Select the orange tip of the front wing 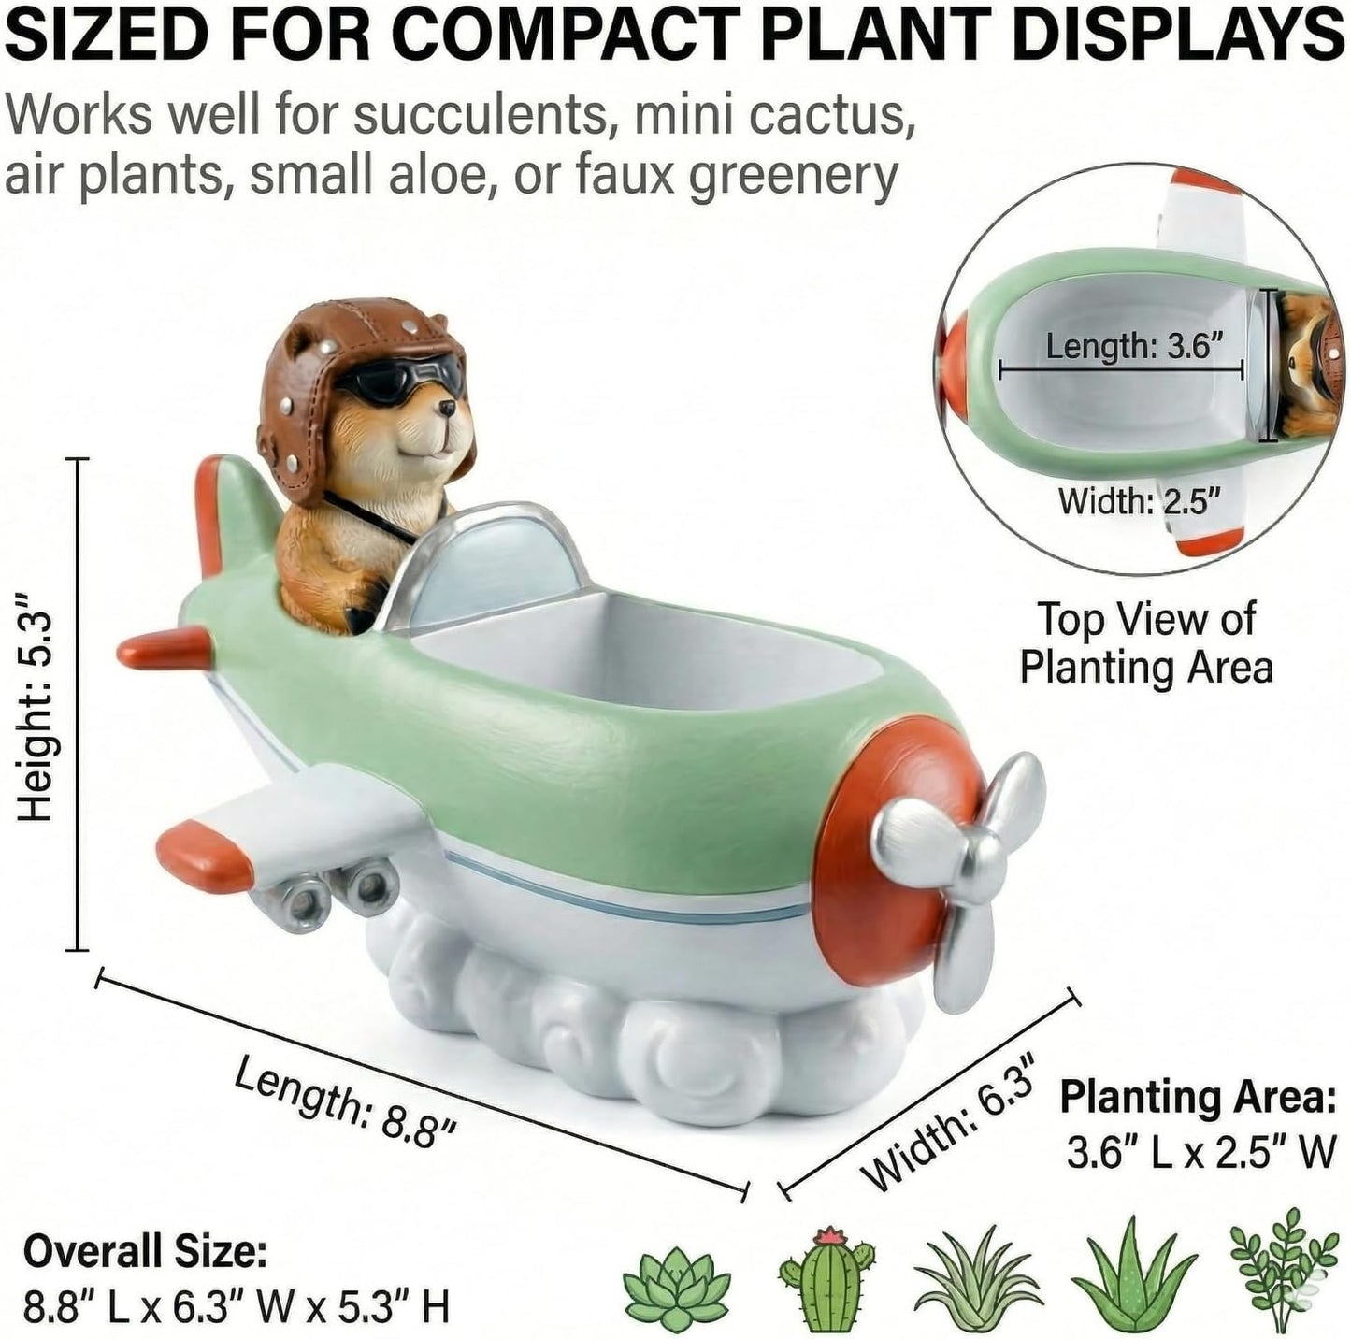[203, 855]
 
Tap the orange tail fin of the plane [211, 512]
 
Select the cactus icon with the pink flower [827, 1276]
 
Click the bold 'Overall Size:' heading [146, 1250]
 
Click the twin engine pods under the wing [324, 897]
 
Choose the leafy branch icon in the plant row [1285, 1273]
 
